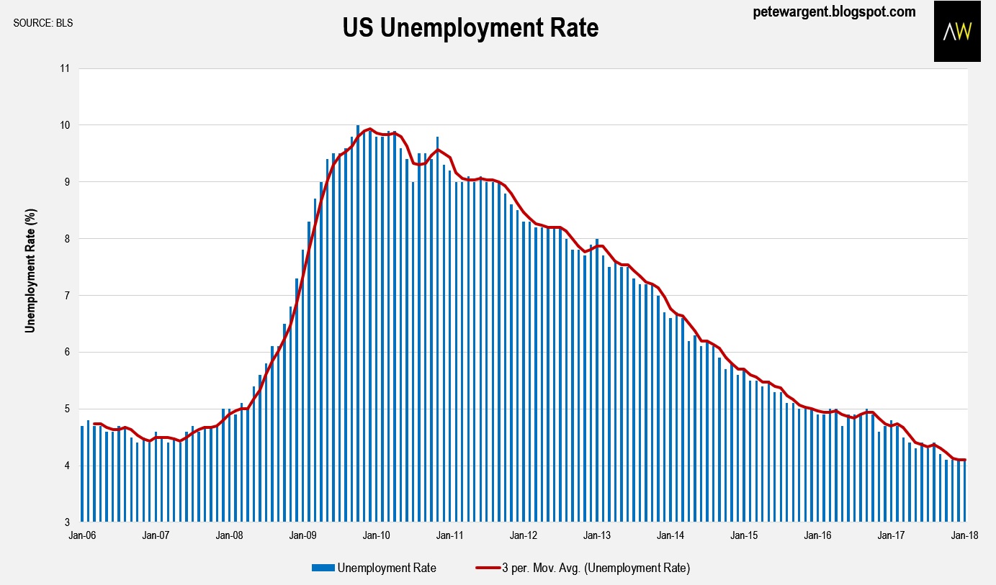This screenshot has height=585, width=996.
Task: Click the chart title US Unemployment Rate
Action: point(470,28)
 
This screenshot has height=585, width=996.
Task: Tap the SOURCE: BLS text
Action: point(43,23)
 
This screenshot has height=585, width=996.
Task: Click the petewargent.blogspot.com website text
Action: point(834,12)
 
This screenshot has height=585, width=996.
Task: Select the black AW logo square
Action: point(957,31)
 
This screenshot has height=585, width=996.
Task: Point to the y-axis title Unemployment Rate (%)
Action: point(30,271)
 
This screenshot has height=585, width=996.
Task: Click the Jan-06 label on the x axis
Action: point(81,535)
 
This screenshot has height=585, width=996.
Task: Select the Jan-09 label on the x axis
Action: point(302,535)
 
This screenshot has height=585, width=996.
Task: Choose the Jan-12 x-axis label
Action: point(524,535)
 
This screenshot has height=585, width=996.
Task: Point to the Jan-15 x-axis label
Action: point(745,535)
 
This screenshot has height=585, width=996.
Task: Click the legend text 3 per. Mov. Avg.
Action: point(596,568)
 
